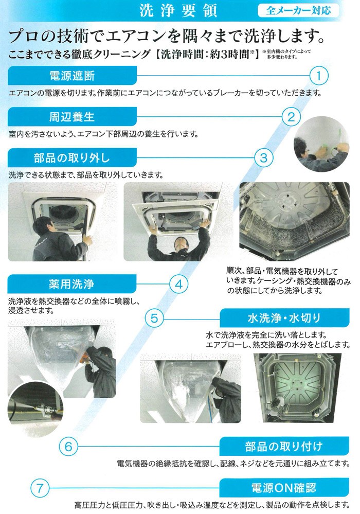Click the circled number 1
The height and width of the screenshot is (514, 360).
[319, 76]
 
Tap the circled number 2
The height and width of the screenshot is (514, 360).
[291, 117]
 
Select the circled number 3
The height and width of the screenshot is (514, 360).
[264, 158]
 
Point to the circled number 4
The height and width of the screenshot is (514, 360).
[179, 284]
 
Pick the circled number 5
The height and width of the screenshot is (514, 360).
[154, 318]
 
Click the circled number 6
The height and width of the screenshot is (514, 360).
[68, 447]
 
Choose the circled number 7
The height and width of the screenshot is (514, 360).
[40, 488]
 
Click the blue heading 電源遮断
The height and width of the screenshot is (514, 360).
[72, 76]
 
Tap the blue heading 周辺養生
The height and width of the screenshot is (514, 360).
[72, 117]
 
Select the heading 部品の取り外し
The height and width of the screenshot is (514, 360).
[72, 158]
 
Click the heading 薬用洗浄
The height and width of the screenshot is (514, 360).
[71, 284]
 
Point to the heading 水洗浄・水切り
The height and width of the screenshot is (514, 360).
[284, 318]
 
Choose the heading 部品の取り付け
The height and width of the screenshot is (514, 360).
[284, 446]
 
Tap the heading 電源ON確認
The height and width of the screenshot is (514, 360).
[284, 488]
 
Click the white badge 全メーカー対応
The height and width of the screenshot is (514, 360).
[298, 10]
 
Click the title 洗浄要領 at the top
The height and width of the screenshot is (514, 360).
[178, 10]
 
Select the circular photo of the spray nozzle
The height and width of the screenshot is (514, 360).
[35, 410]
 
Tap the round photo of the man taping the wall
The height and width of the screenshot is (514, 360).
[321, 144]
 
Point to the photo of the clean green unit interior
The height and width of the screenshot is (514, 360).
[297, 388]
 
